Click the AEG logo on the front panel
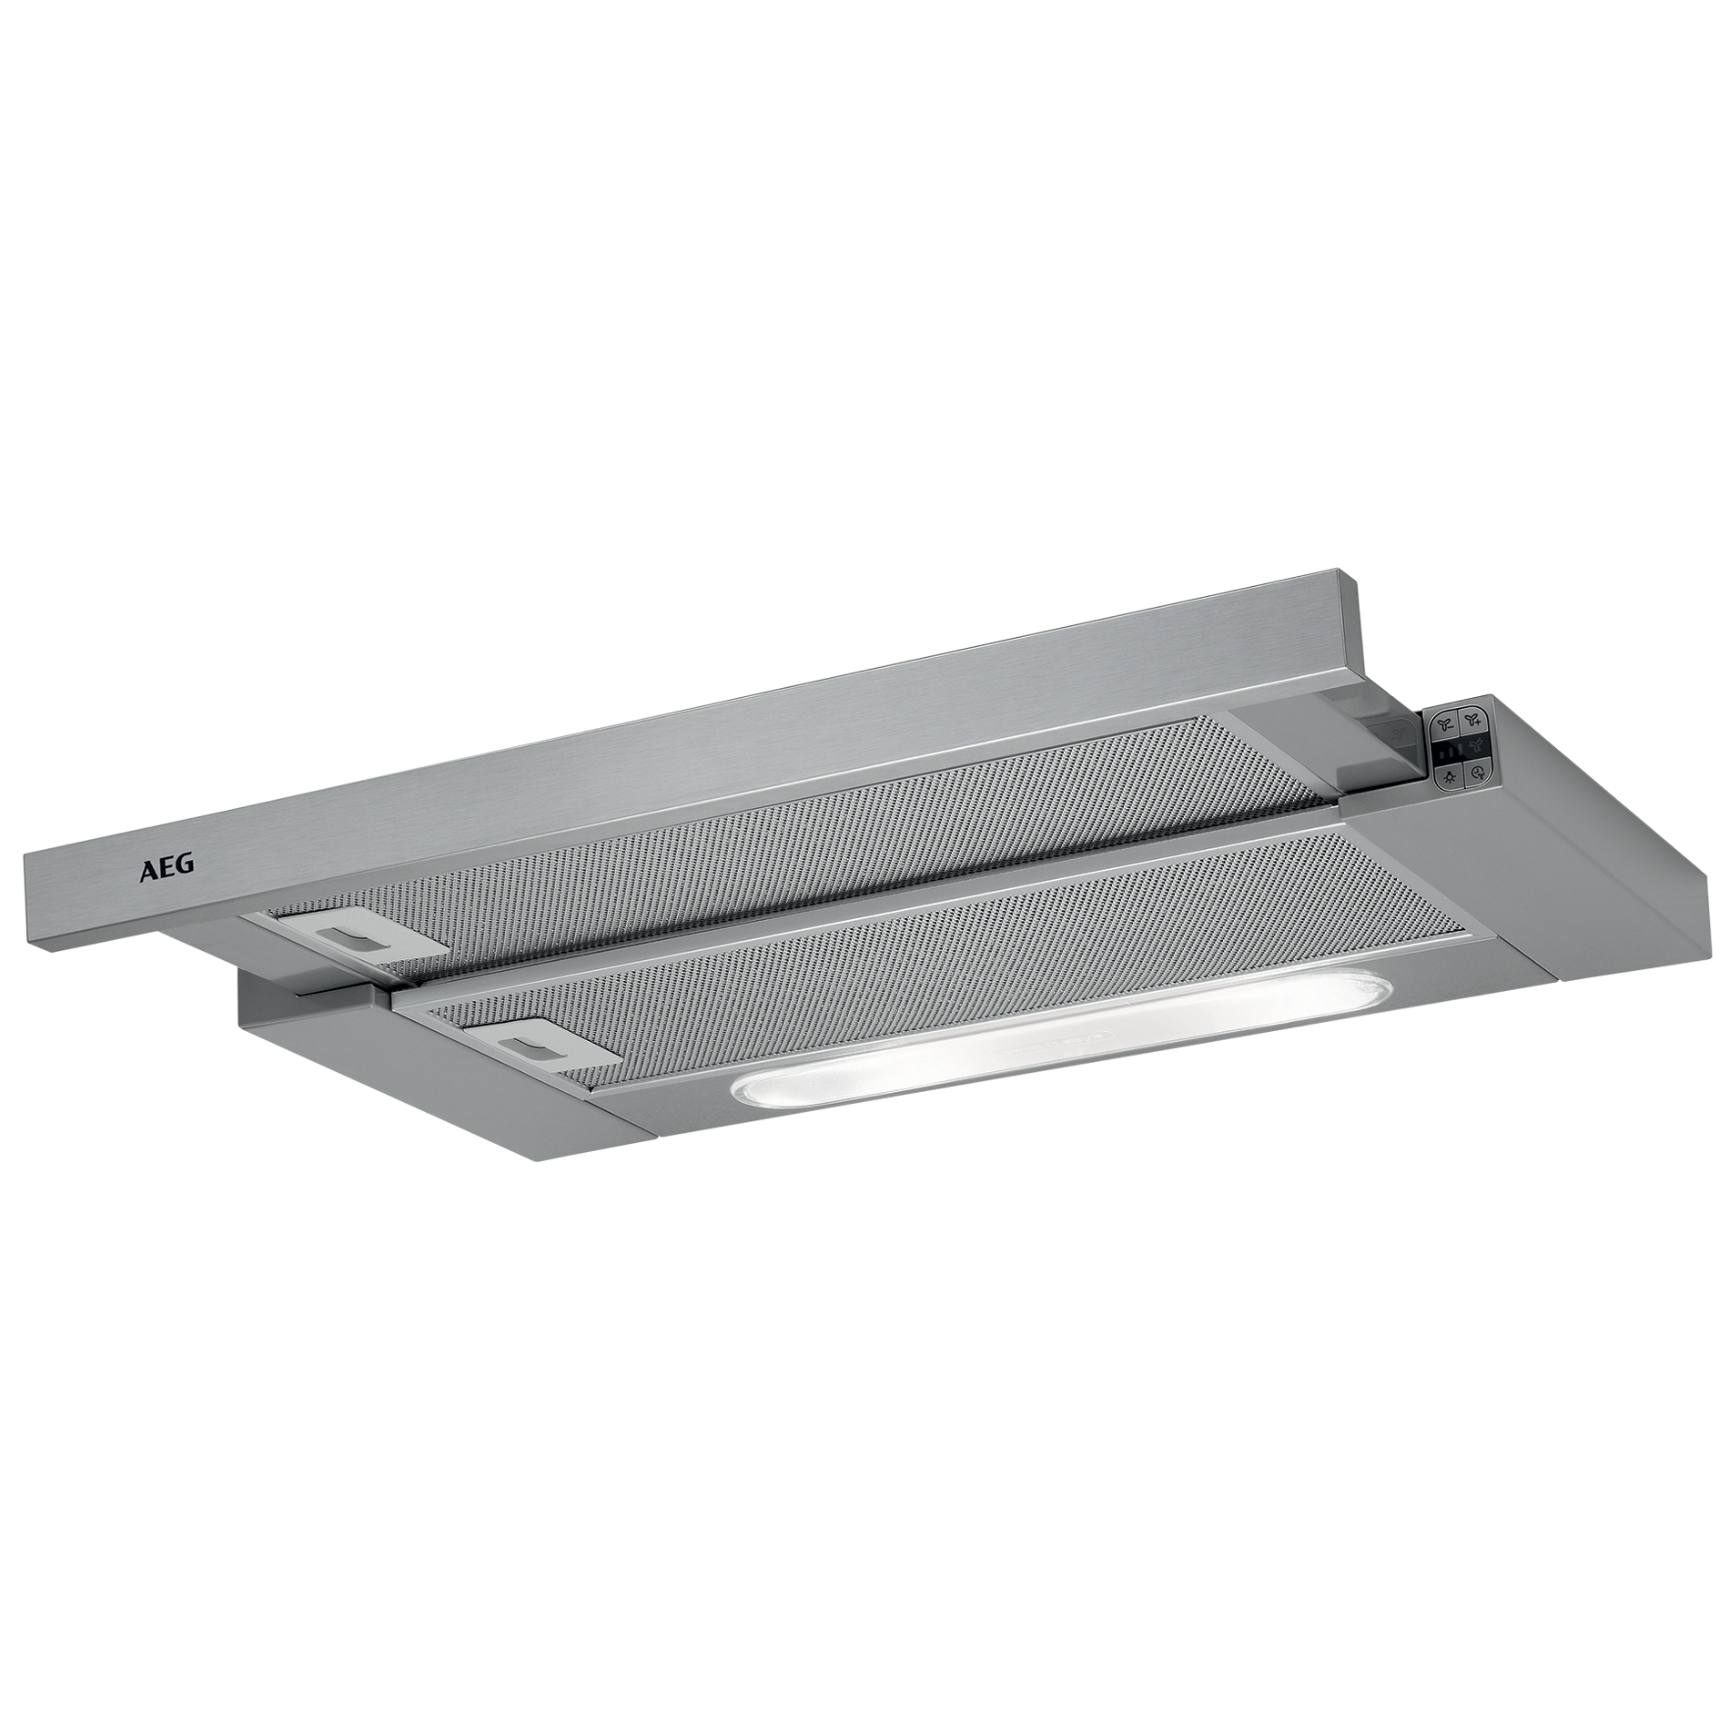pyautogui.click(x=166, y=867)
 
